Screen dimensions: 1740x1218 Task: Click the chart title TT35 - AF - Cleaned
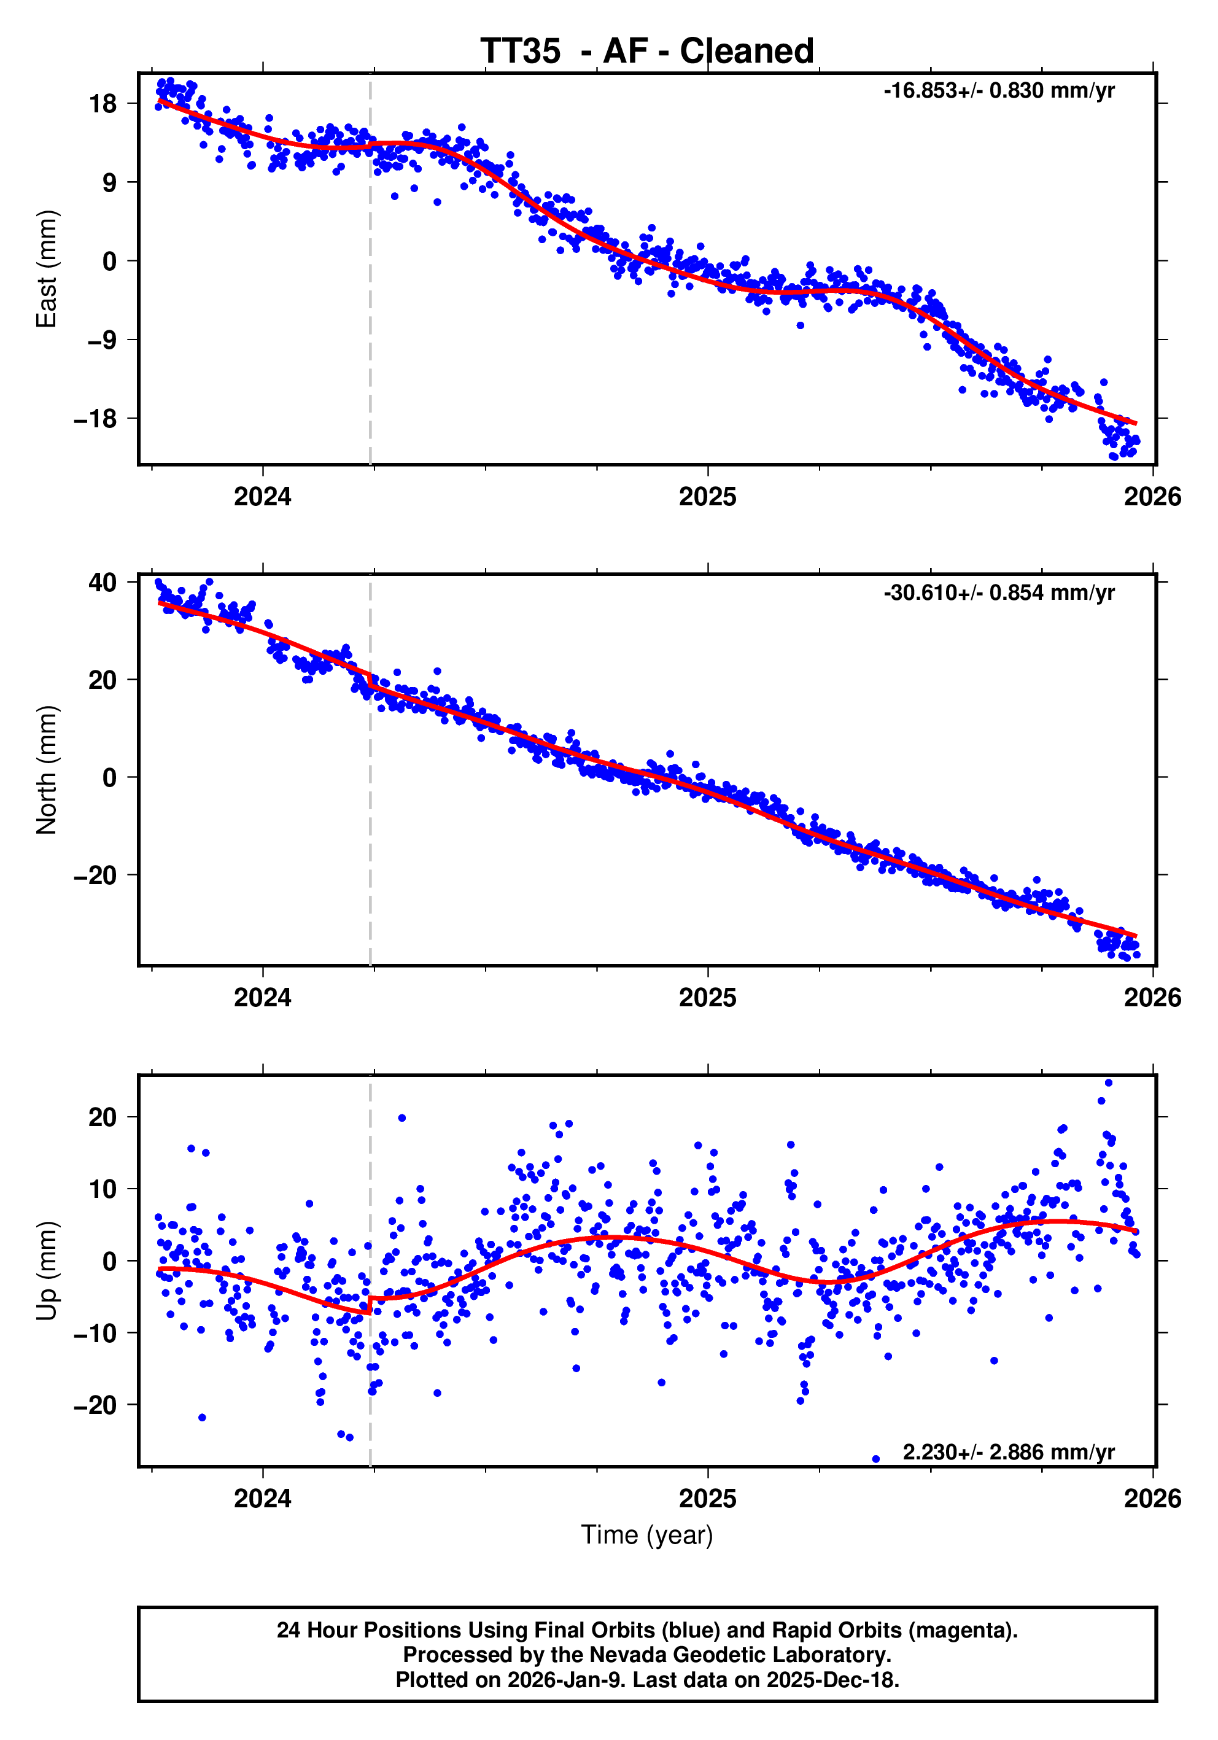pyautogui.click(x=646, y=52)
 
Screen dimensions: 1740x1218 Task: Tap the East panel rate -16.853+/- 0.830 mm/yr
pyautogui.click(x=998, y=91)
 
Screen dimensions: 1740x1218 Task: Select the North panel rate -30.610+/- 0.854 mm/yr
pyautogui.click(x=998, y=592)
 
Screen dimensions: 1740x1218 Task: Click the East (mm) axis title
pyautogui.click(x=47, y=269)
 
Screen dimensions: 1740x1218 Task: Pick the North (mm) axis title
pyautogui.click(x=47, y=770)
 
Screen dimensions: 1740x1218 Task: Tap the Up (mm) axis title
pyautogui.click(x=47, y=1271)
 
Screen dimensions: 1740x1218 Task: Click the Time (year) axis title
pyautogui.click(x=646, y=1534)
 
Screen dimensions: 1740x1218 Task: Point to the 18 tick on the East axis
pyautogui.click(x=103, y=103)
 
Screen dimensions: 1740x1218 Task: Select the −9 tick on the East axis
pyautogui.click(x=101, y=340)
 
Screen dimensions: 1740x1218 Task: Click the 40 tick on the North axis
pyautogui.click(x=103, y=582)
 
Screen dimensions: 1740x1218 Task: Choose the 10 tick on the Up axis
pyautogui.click(x=103, y=1189)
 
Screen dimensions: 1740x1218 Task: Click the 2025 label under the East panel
pyautogui.click(x=707, y=497)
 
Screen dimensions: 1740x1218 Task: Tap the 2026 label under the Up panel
pyautogui.click(x=1152, y=1499)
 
